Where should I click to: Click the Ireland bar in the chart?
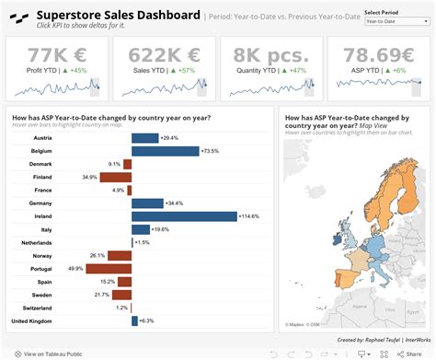pyautogui.click(x=184, y=216)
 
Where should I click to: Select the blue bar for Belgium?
pyautogui.click(x=166, y=150)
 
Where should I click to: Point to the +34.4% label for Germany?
pyautogui.click(x=175, y=203)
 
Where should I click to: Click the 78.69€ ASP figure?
pyautogui.click(x=377, y=54)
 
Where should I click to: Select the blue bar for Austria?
pyautogui.click(x=144, y=137)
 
